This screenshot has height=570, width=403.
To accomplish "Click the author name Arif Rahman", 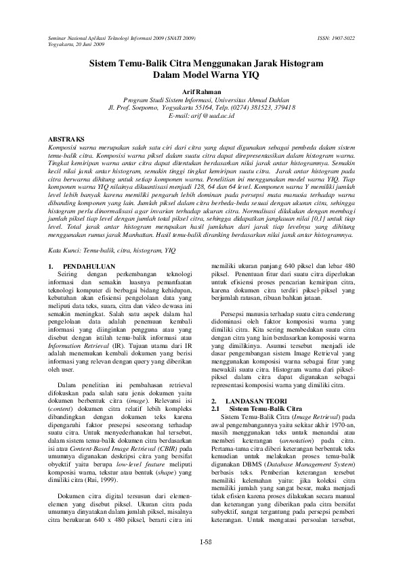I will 202,90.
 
